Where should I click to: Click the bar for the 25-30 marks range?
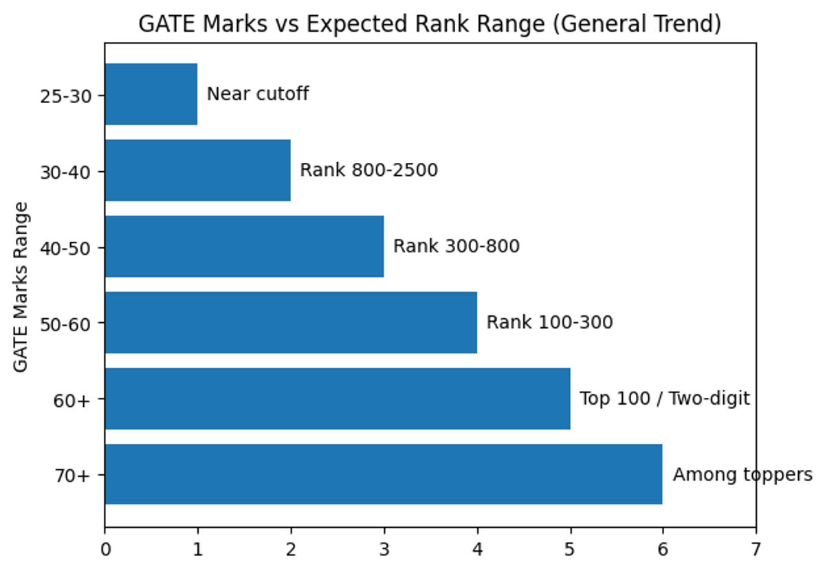point(151,94)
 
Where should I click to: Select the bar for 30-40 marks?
point(197,170)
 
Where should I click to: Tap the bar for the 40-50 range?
point(244,247)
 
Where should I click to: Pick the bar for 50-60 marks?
point(291,322)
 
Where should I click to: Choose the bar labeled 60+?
point(337,399)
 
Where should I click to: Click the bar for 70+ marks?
point(384,474)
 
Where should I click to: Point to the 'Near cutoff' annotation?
point(258,94)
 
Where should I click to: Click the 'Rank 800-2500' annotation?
point(368,170)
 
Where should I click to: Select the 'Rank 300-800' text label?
point(456,247)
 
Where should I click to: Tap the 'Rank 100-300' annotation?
point(549,322)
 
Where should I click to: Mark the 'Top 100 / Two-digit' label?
point(664,399)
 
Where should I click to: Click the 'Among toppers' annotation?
point(742,475)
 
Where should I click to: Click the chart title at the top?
point(430,25)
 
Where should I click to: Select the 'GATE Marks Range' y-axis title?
point(21,287)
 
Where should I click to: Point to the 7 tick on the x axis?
point(756,550)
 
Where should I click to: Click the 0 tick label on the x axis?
point(105,550)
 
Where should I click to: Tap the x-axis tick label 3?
point(384,550)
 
